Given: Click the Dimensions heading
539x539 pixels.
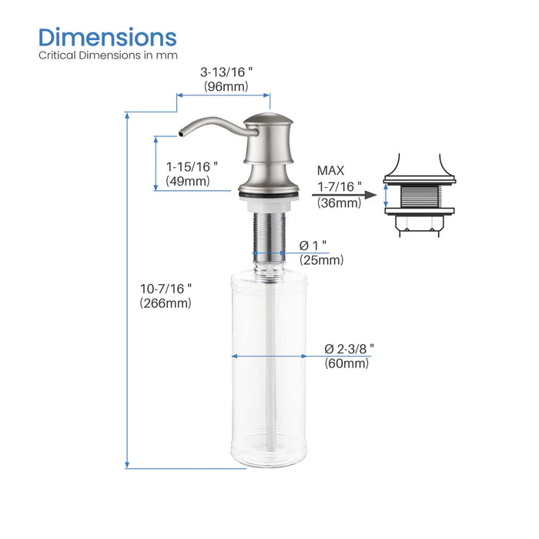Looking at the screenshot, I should click(108, 36).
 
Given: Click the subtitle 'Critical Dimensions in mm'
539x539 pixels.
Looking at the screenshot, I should click(108, 55).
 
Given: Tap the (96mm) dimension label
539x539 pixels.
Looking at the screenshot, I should click(226, 87).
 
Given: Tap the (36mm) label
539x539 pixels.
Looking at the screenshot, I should click(338, 203).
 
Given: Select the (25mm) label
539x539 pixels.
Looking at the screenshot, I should click(321, 260).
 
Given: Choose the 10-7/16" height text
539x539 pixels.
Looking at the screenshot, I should click(166, 288).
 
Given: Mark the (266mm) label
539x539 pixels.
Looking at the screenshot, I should click(166, 303).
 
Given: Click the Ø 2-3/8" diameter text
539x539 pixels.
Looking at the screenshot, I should click(348, 348).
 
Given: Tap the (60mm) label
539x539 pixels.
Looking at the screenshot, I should click(346, 363).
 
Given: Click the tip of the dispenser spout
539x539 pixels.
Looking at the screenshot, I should click(180, 134).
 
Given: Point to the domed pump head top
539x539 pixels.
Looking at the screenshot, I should click(269, 121).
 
